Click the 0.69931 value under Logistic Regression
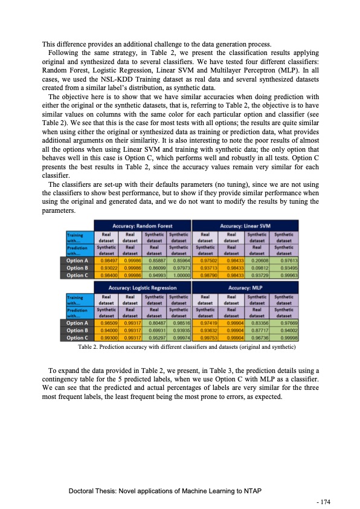[155, 330]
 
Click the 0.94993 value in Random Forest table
[155, 274]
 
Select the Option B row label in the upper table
[79, 267]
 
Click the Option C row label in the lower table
[79, 337]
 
